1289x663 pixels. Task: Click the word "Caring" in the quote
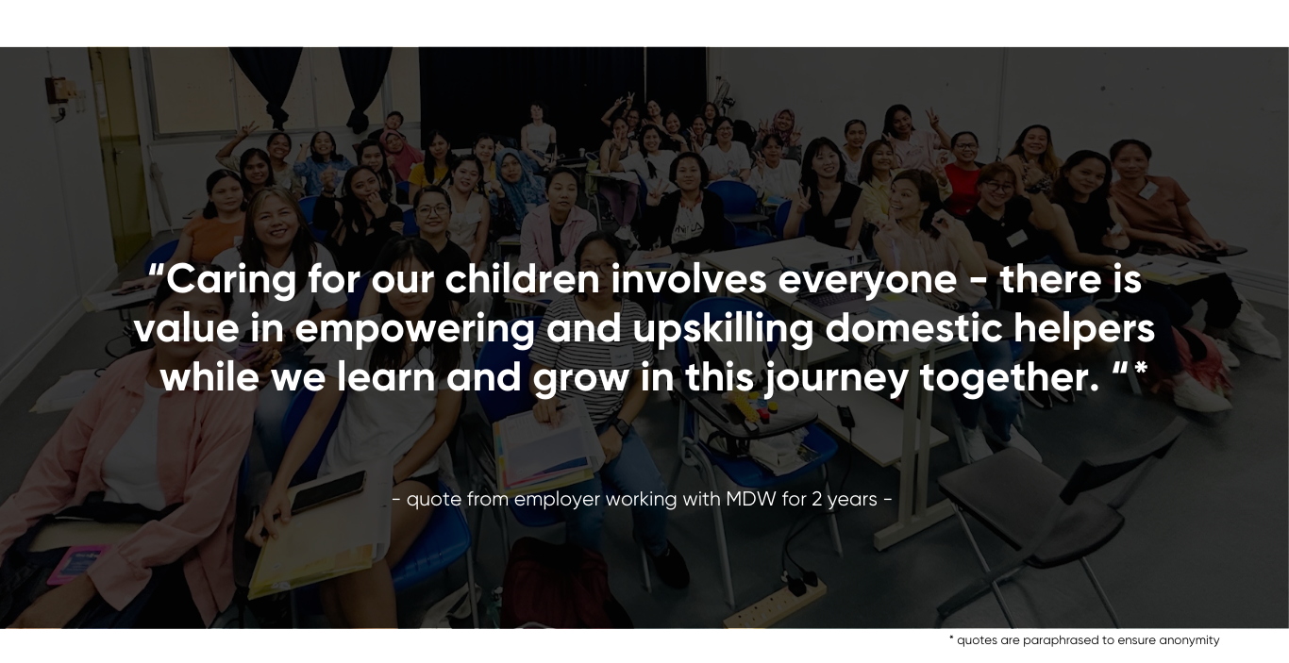(x=231, y=282)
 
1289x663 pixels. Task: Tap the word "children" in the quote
(x=522, y=279)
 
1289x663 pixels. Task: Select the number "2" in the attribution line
(x=816, y=499)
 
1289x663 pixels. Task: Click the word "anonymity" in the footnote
(x=1189, y=640)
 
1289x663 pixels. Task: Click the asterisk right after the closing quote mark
(x=1140, y=369)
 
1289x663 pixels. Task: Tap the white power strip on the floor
(x=774, y=605)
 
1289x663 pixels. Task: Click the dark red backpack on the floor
(x=555, y=584)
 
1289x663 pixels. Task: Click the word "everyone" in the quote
(x=867, y=282)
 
